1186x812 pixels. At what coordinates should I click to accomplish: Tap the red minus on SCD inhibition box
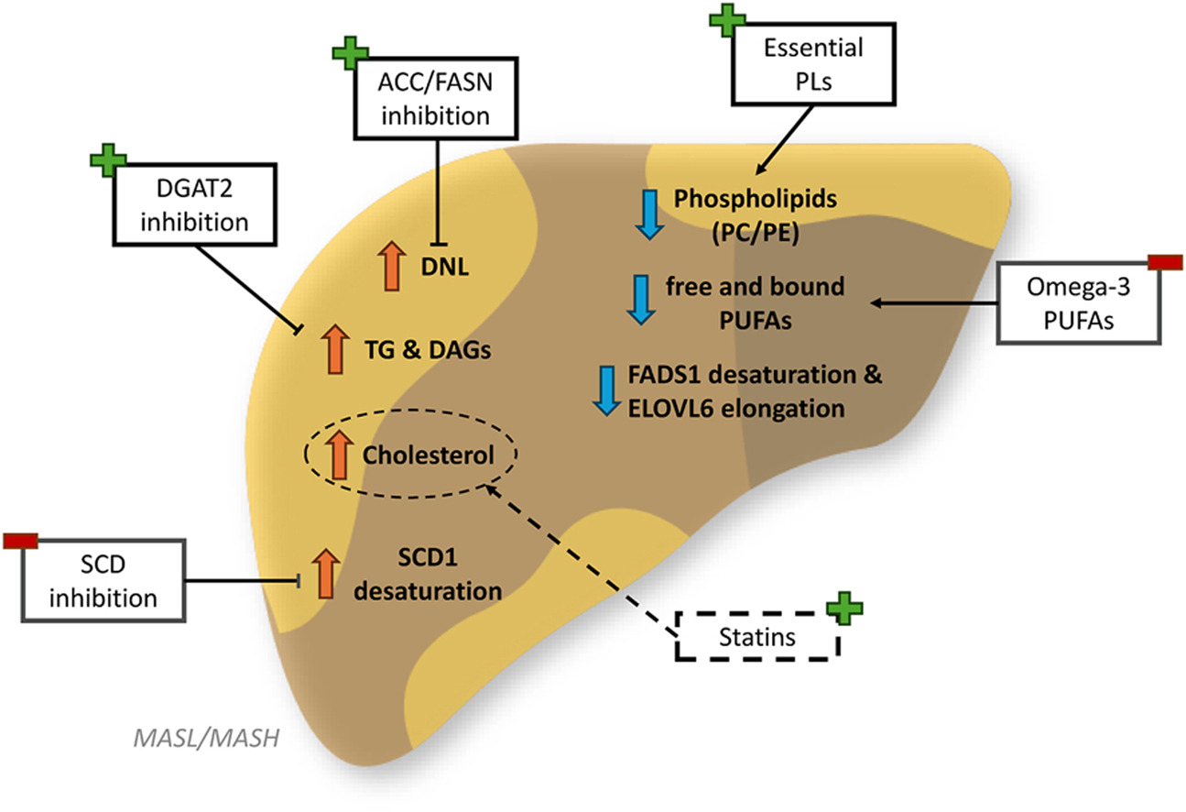(x=20, y=541)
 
